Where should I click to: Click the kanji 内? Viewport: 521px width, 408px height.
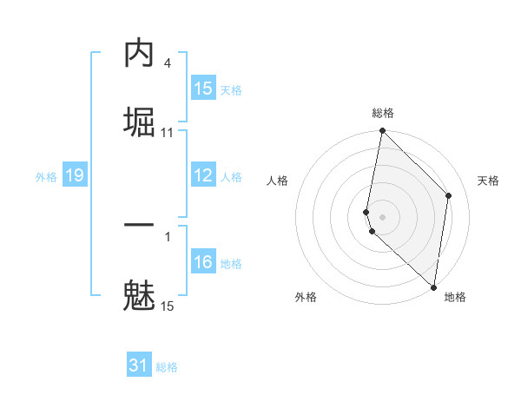click(139, 54)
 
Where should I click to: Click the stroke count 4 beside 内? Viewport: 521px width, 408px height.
click(167, 63)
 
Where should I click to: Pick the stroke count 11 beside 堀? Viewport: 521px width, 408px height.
click(168, 132)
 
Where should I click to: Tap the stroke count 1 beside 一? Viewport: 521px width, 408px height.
click(167, 236)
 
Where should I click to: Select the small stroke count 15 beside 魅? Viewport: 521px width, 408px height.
click(167, 306)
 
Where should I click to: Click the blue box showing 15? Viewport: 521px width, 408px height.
click(203, 89)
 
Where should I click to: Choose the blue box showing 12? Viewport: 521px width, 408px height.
click(203, 175)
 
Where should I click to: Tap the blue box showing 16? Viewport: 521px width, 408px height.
click(203, 262)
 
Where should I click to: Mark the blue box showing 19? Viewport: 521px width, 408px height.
click(74, 175)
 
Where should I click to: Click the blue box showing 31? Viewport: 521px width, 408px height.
click(139, 365)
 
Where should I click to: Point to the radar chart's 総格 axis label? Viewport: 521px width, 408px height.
click(383, 113)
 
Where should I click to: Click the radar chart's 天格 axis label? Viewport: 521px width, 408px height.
click(488, 181)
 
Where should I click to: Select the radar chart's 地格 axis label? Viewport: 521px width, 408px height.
click(455, 297)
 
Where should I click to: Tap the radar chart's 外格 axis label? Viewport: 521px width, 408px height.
click(306, 297)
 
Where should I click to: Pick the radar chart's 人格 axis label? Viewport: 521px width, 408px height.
click(278, 181)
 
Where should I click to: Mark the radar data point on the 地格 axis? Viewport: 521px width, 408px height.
click(433, 286)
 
